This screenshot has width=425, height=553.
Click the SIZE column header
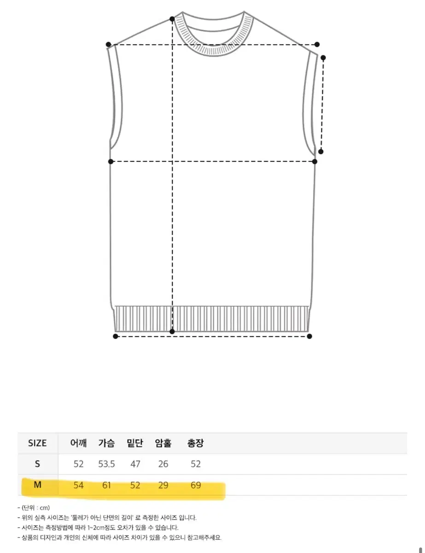37,443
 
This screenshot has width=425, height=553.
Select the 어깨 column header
78,443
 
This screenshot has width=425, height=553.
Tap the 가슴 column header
106,443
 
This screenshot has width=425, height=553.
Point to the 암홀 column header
163,443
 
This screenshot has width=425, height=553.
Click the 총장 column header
195,443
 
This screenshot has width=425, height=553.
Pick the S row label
37,464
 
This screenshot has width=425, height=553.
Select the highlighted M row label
37,485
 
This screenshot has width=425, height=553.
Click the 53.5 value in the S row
106,464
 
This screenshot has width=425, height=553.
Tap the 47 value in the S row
135,464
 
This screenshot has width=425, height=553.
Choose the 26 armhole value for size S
163,464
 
